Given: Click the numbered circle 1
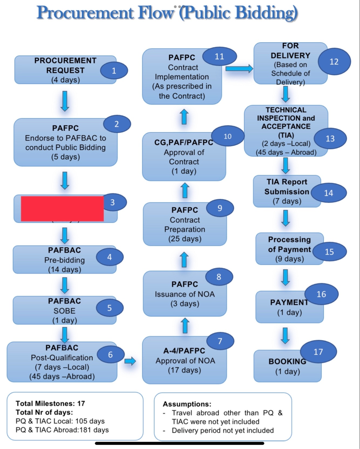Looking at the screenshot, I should (x=114, y=71).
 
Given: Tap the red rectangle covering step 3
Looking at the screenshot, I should (x=62, y=209).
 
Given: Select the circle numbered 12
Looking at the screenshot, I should (x=334, y=62).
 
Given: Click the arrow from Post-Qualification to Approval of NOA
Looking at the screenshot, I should (x=130, y=361).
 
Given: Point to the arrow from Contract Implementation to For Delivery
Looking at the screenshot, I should (x=239, y=69).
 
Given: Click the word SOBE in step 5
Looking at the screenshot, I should (x=64, y=311).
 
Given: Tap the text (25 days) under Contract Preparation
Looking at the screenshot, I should (x=185, y=239).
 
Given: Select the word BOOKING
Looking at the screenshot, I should (x=287, y=361).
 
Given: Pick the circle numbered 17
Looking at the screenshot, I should (x=318, y=352).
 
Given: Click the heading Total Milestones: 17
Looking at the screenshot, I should (x=50, y=403).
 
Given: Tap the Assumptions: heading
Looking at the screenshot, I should (x=187, y=404).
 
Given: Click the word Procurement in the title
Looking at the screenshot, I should (x=85, y=13).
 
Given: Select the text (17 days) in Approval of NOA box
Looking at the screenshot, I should (x=185, y=370).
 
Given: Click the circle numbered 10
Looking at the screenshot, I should (x=227, y=136).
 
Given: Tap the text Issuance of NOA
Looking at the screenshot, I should (x=185, y=294).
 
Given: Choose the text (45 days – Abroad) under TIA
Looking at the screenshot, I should (x=286, y=152).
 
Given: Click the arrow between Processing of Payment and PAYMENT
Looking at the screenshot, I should (x=285, y=277).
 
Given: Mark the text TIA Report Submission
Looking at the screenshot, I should (x=287, y=187).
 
